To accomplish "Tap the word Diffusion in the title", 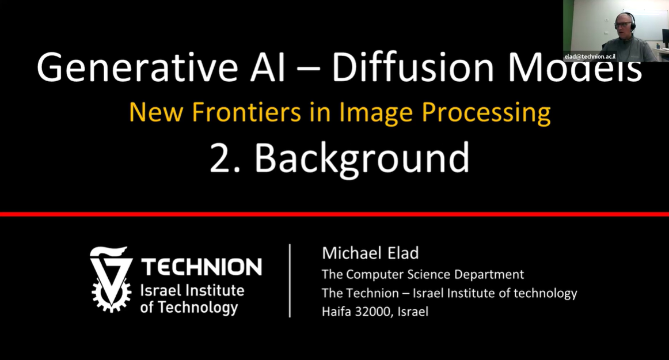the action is [413, 67].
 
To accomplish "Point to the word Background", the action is [362, 158].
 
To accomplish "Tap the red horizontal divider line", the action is [334, 214].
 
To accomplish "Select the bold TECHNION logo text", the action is [202, 267].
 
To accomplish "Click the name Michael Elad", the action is [370, 253].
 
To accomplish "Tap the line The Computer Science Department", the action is [423, 274].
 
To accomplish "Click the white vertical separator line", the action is [290, 281].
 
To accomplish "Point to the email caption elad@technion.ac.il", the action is [590, 56].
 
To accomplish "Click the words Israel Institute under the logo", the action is [192, 290].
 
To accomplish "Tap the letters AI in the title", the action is [268, 67].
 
